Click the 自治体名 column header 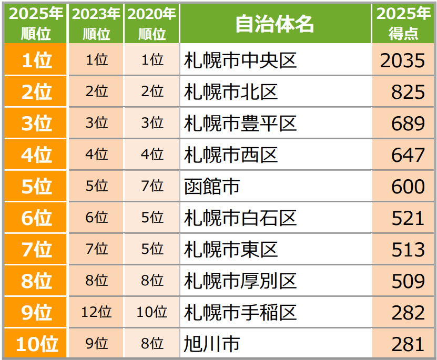275,24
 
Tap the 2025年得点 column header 403,24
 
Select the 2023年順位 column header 96,24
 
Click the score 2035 403,60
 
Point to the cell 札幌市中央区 240,60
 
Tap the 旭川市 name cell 212,344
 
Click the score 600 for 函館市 408,187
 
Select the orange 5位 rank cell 36,187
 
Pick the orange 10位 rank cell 36,344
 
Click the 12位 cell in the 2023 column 96,313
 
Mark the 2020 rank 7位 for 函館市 153,187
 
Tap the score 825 408,92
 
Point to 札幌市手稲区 240,313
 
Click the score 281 408,344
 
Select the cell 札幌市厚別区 240,281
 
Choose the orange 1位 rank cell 36,60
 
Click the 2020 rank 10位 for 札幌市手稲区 153,313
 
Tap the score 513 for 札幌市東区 408,250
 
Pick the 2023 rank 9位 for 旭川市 96,344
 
